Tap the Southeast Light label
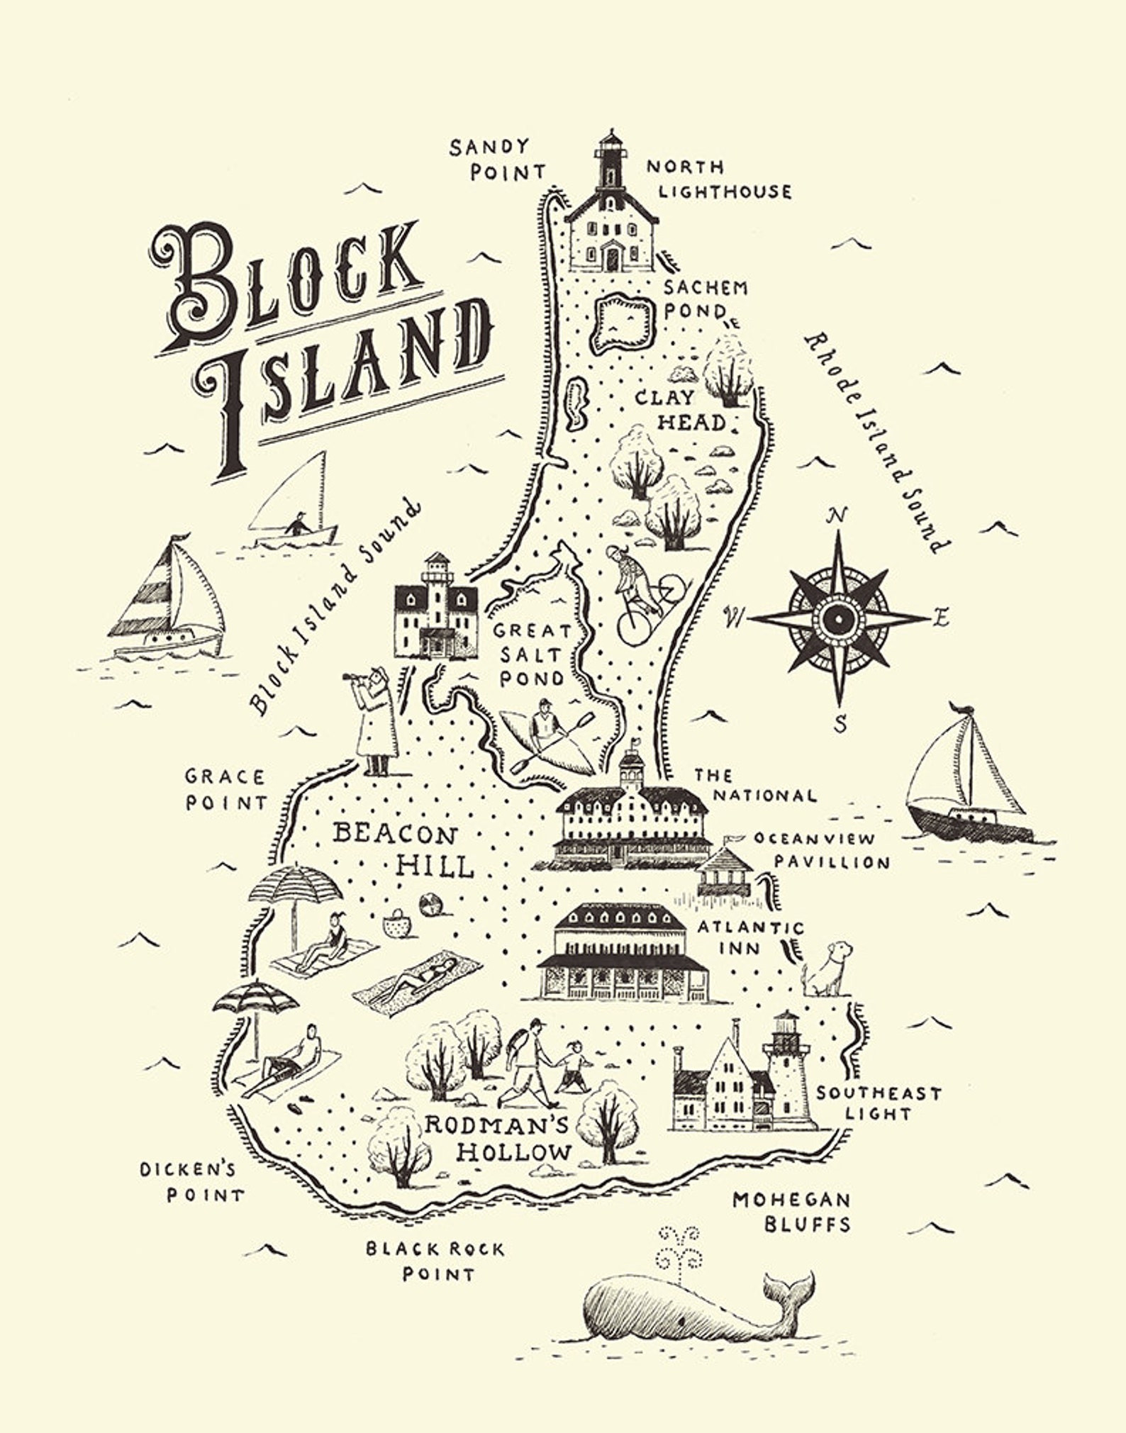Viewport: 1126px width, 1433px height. pyautogui.click(x=878, y=1103)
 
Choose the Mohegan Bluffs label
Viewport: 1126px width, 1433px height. pyautogui.click(x=792, y=1212)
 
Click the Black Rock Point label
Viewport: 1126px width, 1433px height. pyautogui.click(x=436, y=1261)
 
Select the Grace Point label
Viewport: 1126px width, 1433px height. pyautogui.click(x=225, y=789)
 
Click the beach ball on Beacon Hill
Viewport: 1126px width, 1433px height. pyautogui.click(x=431, y=904)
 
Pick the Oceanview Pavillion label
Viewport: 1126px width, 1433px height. pyautogui.click(x=823, y=850)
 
